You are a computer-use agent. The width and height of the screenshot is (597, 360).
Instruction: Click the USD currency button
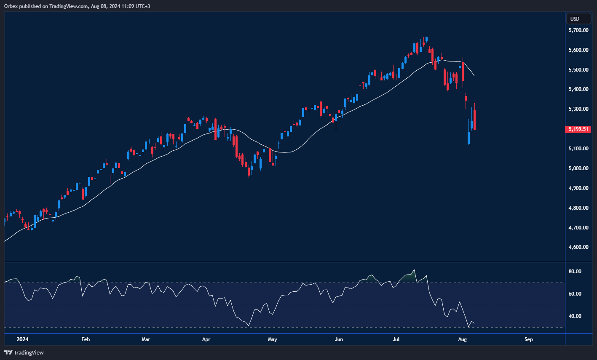(x=575, y=19)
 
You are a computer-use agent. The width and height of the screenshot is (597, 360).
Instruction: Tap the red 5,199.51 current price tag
(x=578, y=129)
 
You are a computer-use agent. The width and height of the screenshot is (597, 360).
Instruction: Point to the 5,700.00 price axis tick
(x=578, y=30)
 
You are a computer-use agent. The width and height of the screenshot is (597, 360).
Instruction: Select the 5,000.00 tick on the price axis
(x=578, y=168)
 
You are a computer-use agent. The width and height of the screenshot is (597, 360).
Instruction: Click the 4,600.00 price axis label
(x=578, y=247)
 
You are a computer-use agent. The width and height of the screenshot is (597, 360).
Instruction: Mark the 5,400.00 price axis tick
(x=578, y=89)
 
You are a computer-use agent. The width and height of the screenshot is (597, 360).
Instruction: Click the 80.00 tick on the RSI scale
(x=575, y=272)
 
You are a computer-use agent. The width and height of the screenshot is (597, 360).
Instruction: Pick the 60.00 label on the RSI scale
(x=575, y=294)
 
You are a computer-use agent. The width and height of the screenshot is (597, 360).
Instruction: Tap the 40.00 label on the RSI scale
(x=575, y=316)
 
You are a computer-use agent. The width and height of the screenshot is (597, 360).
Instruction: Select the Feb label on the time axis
(x=86, y=339)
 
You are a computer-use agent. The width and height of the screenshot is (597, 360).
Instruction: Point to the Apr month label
(x=206, y=339)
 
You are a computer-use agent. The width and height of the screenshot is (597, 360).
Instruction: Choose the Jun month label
(x=338, y=339)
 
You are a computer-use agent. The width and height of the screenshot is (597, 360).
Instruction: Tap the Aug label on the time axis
(x=462, y=339)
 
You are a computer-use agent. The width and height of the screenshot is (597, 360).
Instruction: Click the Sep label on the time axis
(x=529, y=339)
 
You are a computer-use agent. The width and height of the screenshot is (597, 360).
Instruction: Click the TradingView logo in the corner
(x=24, y=352)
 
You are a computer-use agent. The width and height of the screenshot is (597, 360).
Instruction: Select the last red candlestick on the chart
(x=475, y=120)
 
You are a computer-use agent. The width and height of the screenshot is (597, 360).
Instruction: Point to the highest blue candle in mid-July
(x=426, y=39)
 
